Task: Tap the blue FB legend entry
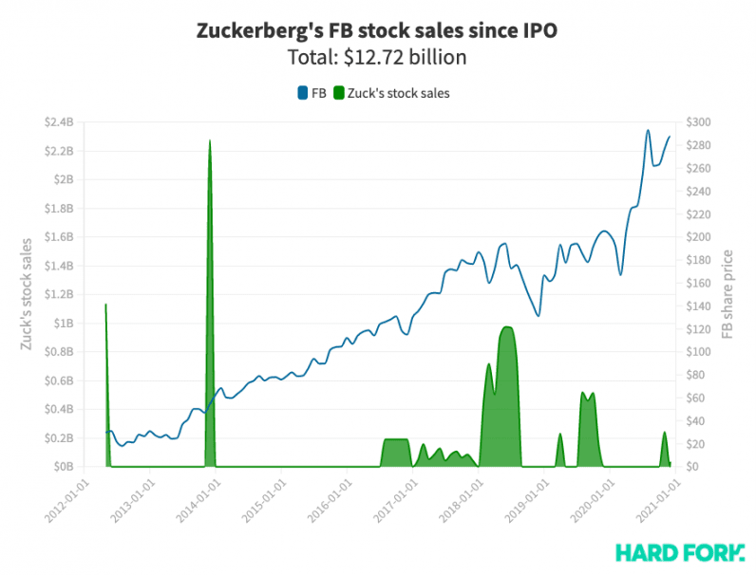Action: coord(312,93)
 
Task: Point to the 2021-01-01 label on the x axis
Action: coord(655,498)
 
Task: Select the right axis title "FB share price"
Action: coord(728,294)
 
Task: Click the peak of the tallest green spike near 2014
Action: coord(209,140)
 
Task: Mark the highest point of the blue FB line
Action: coord(648,130)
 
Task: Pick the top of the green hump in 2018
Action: coord(506,327)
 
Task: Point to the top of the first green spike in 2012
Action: coord(105,305)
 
